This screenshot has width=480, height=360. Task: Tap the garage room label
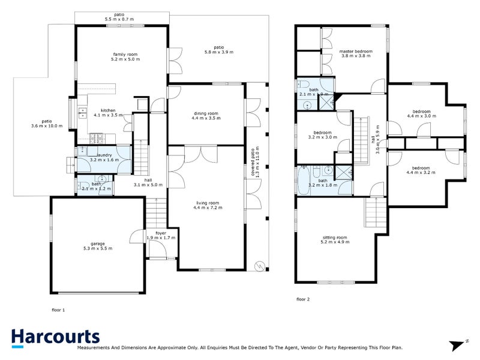tap(97, 245)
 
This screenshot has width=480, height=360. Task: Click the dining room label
tap(205, 116)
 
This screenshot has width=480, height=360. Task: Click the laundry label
tap(100, 157)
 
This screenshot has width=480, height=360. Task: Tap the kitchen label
tap(109, 113)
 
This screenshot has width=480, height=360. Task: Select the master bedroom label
tap(356, 54)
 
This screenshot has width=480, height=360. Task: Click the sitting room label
tap(334, 241)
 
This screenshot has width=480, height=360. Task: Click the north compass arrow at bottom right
tap(460, 344)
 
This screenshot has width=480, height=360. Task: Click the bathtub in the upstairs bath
tap(304, 179)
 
